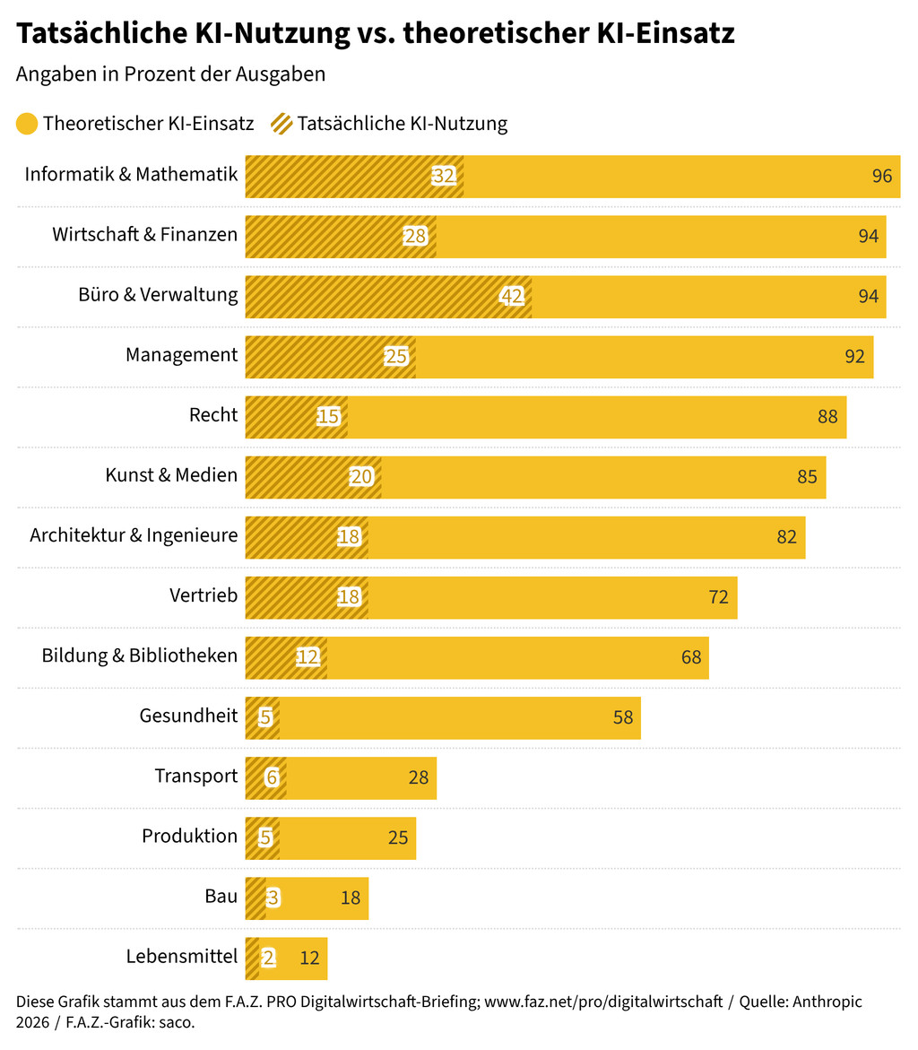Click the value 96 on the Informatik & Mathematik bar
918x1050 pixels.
tap(882, 176)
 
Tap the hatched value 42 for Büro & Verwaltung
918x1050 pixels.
tap(512, 297)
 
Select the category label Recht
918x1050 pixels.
tap(213, 415)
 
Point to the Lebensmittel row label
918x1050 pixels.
tap(182, 957)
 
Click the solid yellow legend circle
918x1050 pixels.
tap(27, 124)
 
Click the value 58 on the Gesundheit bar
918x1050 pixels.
tap(623, 717)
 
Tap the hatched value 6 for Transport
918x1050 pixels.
tap(272, 777)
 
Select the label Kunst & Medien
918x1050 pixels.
tap(171, 475)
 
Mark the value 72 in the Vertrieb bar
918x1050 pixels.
tap(718, 597)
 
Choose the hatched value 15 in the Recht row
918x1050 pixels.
tap(328, 417)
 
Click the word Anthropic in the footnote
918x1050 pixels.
tap(824, 1002)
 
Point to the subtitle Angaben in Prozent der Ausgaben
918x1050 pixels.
tap(170, 74)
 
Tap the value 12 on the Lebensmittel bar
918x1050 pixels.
tap(309, 958)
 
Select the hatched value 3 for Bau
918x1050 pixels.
tap(273, 898)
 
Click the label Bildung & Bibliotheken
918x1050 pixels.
tap(140, 655)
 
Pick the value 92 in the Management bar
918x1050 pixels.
tap(854, 356)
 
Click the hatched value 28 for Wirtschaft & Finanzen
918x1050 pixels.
tap(414, 236)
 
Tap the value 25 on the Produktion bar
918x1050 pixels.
tap(398, 837)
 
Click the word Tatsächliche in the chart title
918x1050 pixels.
tap(96, 34)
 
